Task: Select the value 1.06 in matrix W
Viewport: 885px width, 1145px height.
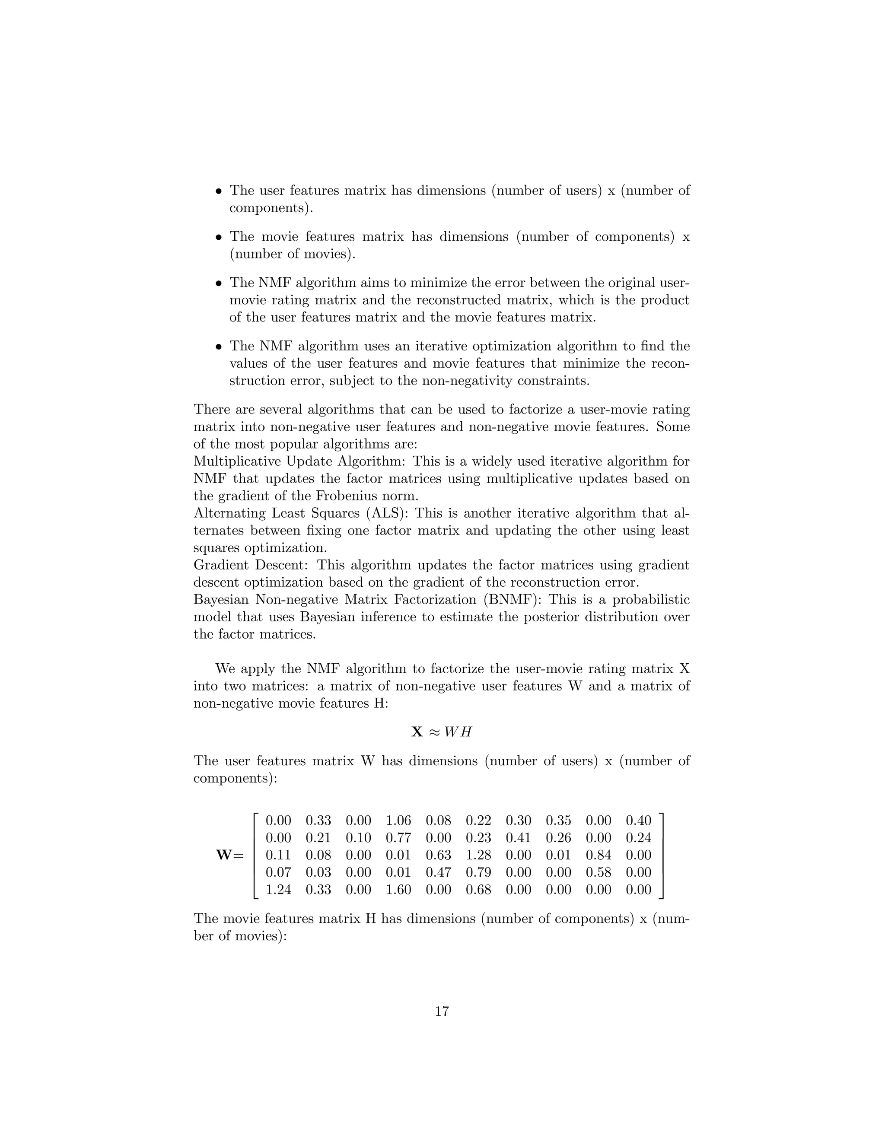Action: click(x=398, y=821)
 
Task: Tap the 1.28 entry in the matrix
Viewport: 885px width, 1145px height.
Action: click(x=478, y=855)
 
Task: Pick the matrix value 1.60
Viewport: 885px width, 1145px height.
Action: click(x=398, y=890)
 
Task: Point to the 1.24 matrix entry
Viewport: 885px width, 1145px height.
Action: click(x=278, y=890)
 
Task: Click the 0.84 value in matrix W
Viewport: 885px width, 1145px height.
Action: click(x=598, y=855)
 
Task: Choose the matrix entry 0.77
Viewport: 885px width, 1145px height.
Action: click(x=398, y=838)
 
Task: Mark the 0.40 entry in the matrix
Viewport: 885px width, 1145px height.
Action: click(x=638, y=821)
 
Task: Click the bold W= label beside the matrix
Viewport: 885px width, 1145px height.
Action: click(x=229, y=855)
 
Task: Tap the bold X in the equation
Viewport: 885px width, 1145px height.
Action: click(x=417, y=732)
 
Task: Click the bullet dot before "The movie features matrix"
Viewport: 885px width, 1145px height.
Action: click(x=219, y=238)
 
